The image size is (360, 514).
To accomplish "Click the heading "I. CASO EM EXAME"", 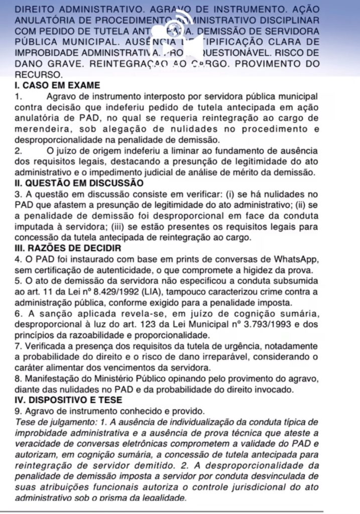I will coord(50,85).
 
